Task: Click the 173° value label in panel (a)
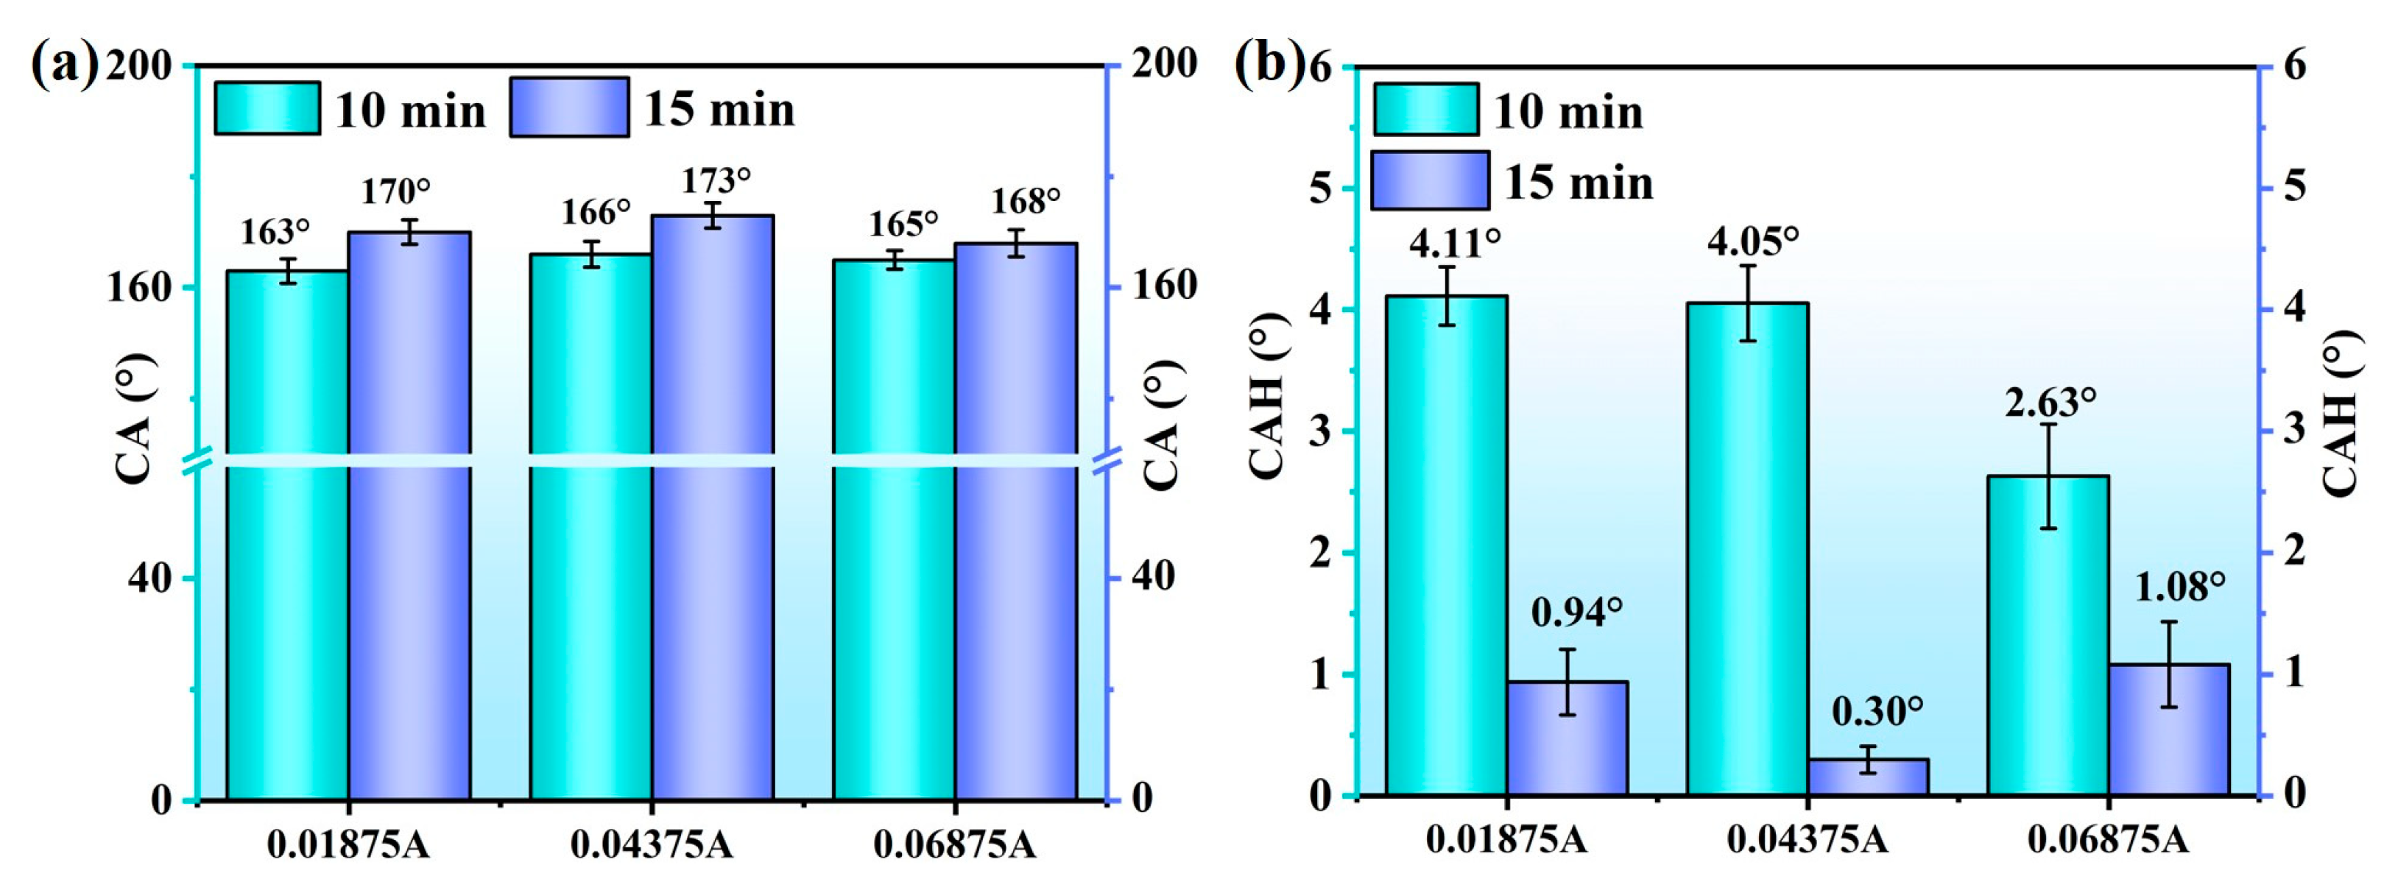[716, 180]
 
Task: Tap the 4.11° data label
[1455, 244]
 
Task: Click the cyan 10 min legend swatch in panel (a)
[267, 108]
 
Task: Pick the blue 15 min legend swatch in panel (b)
[1430, 180]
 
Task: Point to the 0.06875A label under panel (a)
[954, 844]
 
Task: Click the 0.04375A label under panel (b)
[1808, 840]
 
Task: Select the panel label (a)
[64, 65]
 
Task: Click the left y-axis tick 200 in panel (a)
[139, 66]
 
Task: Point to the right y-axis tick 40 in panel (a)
[1153, 577]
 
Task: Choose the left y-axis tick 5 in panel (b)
[1319, 188]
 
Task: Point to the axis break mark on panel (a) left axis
[197, 461]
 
